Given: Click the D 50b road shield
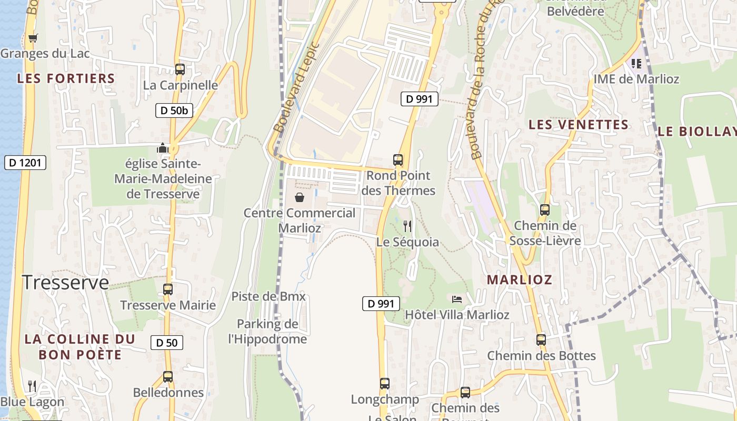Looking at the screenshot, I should [173, 111].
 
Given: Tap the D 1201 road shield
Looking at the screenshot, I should [25, 163].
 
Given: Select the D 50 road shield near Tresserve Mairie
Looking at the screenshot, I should [167, 343].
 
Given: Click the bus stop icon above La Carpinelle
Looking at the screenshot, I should [180, 69].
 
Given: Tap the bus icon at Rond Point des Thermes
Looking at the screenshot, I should [398, 159].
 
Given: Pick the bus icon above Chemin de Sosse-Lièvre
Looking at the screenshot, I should [545, 209].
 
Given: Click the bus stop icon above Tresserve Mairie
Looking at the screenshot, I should [168, 289].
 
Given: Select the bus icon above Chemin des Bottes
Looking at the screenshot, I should [541, 339].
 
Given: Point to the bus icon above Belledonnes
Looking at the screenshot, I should [168, 377].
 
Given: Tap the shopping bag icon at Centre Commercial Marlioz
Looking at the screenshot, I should [300, 197].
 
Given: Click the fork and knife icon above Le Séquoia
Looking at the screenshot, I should [407, 226].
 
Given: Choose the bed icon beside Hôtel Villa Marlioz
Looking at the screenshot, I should [457, 299].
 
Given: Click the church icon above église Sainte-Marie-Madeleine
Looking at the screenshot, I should [163, 148].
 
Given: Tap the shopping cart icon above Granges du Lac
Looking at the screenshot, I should [33, 37].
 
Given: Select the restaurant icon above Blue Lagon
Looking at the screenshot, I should [32, 386].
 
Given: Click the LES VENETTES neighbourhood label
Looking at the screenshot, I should [579, 125].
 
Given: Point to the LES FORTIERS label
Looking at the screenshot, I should [66, 78].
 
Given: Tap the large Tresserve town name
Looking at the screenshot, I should [65, 283].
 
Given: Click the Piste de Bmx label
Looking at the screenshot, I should [268, 296].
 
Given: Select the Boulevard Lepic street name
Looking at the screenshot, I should [297, 87].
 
